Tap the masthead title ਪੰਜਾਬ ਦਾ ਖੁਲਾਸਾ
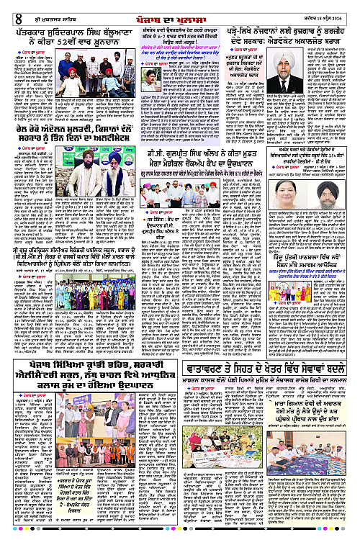pyautogui.click(x=178, y=9)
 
